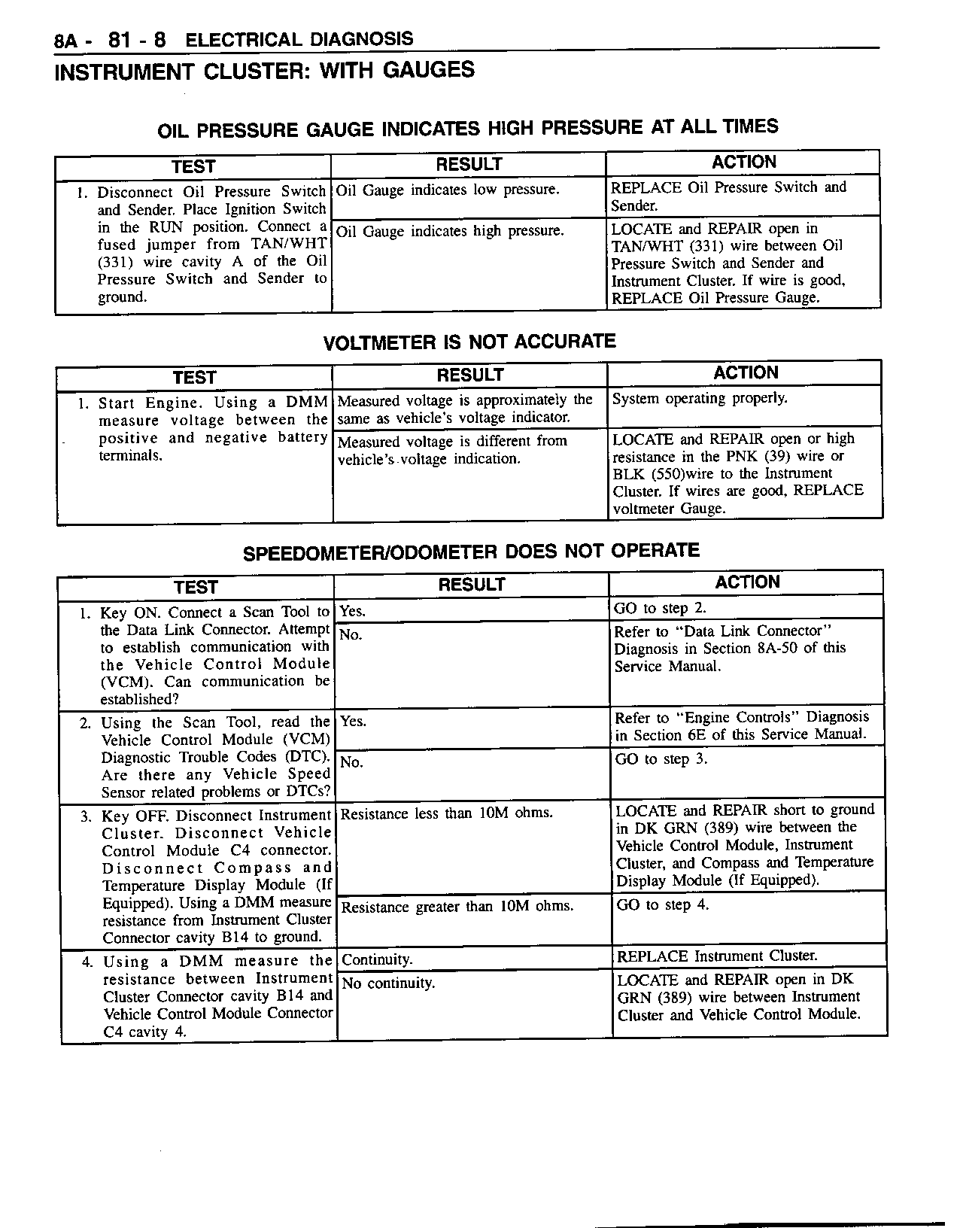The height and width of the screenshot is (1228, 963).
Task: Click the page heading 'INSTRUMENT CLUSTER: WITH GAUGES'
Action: [264, 71]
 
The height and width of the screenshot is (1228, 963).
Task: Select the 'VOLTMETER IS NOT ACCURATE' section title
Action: [469, 342]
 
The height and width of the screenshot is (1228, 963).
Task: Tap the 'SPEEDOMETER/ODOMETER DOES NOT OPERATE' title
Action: [471, 552]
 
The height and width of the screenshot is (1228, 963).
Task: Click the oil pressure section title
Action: [467, 128]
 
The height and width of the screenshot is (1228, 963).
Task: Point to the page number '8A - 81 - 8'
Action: [110, 40]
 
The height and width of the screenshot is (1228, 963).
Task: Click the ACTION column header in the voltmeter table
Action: [746, 373]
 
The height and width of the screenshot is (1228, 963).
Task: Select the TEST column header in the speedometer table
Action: [196, 587]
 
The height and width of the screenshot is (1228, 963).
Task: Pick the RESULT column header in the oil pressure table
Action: [469, 164]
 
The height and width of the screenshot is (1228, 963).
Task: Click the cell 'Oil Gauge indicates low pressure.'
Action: [448, 190]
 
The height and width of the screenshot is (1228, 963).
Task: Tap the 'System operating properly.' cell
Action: [700, 399]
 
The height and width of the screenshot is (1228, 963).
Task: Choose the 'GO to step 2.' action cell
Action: [660, 608]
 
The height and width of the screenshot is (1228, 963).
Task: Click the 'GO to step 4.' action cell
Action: [662, 904]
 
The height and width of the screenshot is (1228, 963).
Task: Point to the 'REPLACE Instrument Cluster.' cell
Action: [717, 956]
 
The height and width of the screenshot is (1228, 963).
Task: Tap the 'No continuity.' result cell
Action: [388, 983]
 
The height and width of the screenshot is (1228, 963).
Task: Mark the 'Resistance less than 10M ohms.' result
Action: [447, 813]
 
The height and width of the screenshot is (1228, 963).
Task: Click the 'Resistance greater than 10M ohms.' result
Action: [457, 907]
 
